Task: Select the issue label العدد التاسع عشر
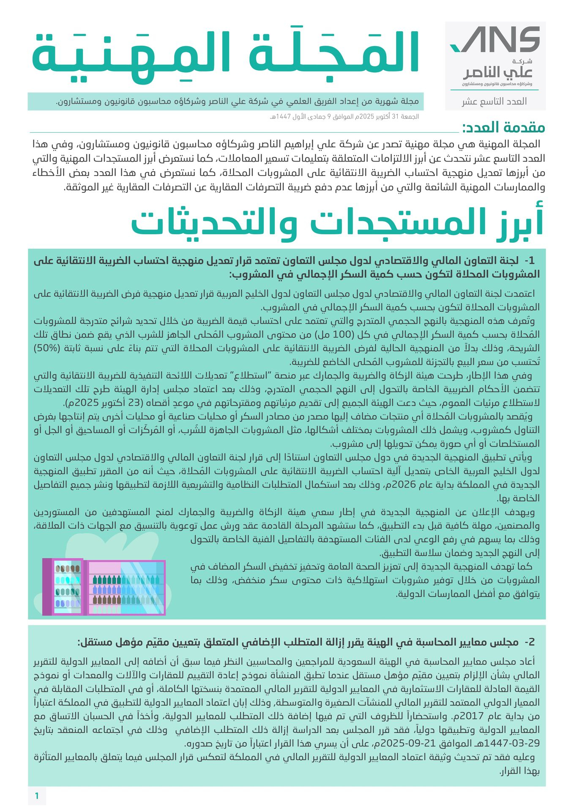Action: [494, 101]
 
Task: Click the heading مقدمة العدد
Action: [503, 127]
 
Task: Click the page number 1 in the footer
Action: [37, 796]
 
